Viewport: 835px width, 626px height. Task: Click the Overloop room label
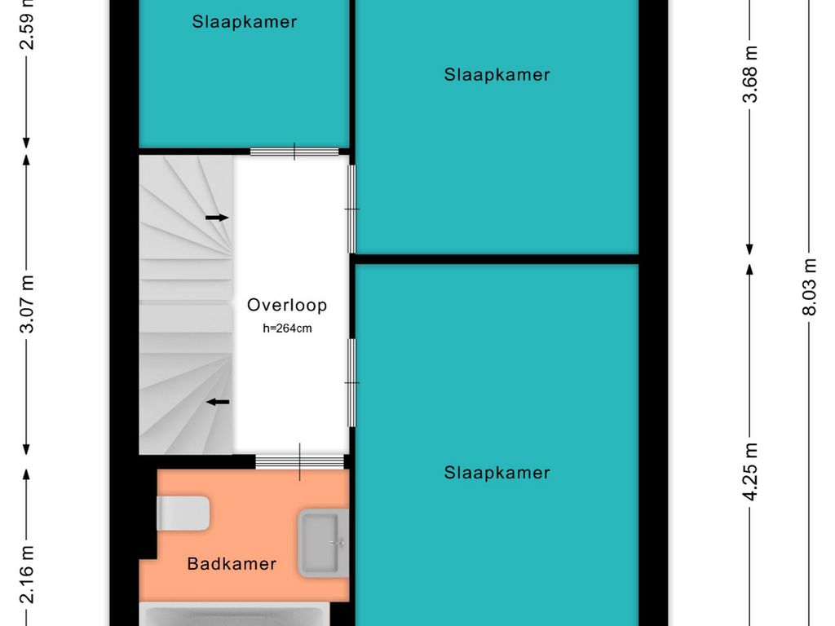click(287, 306)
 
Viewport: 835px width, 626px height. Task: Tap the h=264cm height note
click(287, 329)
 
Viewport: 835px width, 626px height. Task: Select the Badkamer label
click(232, 563)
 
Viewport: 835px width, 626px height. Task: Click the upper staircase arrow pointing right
click(217, 218)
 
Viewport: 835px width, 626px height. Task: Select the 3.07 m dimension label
click(27, 303)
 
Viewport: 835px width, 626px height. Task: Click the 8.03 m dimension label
click(809, 287)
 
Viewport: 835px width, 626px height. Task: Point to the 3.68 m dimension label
click(751, 73)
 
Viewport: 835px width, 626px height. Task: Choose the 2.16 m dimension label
click(27, 575)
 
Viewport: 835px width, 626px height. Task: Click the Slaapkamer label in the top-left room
click(245, 22)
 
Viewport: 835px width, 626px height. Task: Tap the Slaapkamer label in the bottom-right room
click(497, 473)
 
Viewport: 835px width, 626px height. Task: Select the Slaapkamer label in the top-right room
click(497, 75)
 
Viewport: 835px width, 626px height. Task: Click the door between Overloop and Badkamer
click(301, 461)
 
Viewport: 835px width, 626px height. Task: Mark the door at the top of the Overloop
click(294, 151)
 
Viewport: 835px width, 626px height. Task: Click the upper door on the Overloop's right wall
click(352, 209)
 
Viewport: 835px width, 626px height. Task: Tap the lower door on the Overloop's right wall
click(352, 382)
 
